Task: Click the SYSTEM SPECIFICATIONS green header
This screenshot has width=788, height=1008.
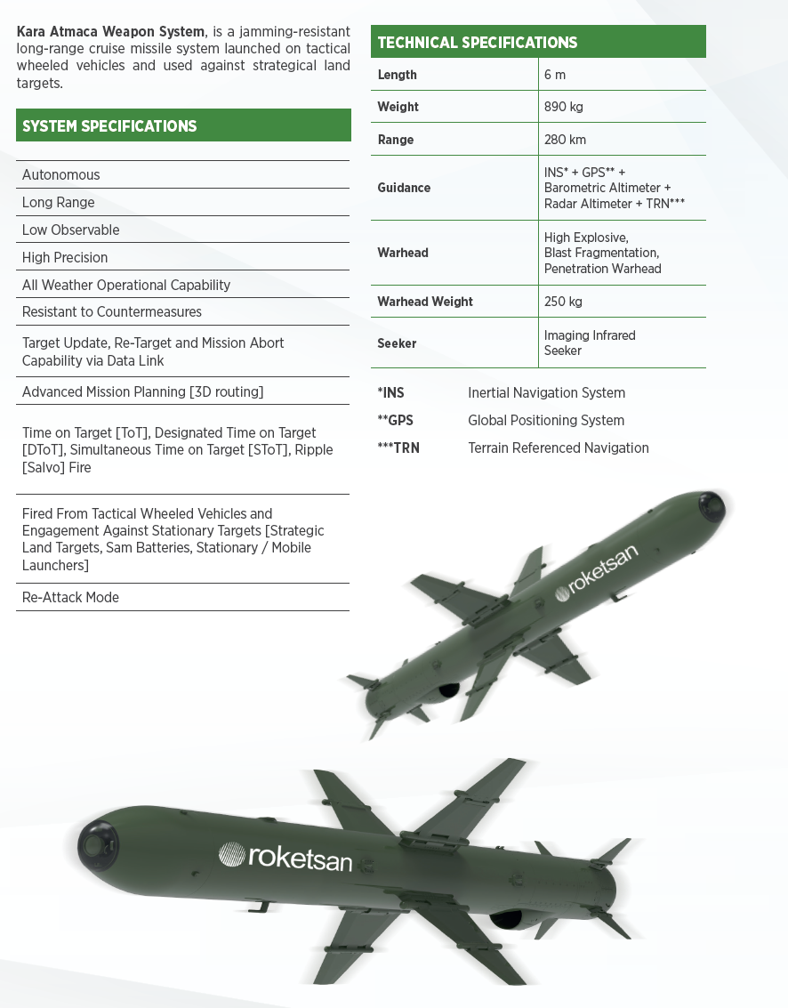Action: (183, 125)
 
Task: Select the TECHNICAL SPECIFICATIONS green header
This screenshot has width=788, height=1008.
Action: (538, 42)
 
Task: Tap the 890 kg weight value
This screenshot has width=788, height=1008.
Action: (564, 107)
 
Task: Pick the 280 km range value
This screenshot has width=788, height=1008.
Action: (565, 140)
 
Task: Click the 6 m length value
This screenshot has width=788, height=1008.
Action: (555, 75)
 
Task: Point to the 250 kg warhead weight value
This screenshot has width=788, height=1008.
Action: (563, 302)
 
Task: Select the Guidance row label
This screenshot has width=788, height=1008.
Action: (404, 188)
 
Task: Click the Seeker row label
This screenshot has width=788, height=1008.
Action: (397, 343)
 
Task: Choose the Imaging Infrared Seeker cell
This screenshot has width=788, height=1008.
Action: (590, 343)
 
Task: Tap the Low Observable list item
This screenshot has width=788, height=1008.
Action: (70, 230)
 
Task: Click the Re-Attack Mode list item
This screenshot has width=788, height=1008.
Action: (70, 597)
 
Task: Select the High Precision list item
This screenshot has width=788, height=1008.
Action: (65, 257)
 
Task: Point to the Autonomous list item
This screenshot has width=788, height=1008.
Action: (60, 174)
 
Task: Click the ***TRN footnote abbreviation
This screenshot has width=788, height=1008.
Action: (398, 448)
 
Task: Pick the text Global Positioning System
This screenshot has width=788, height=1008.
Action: (546, 420)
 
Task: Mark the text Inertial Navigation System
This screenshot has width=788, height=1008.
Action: (546, 392)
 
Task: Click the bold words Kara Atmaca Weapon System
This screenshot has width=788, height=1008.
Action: (110, 32)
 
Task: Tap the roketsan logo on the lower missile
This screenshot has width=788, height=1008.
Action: (286, 856)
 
